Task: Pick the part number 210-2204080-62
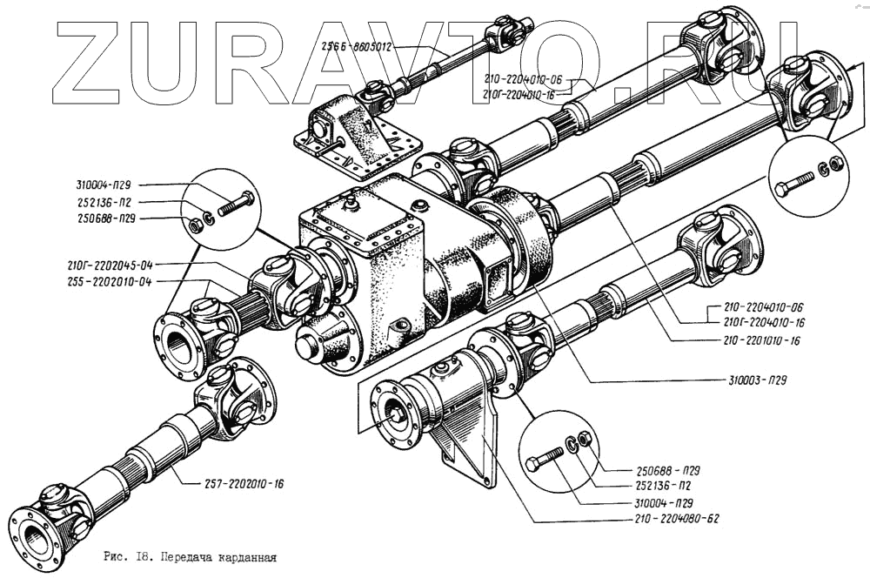[x=670, y=519]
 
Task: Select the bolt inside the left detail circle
[x=234, y=205]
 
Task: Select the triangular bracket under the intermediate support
[x=474, y=444]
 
